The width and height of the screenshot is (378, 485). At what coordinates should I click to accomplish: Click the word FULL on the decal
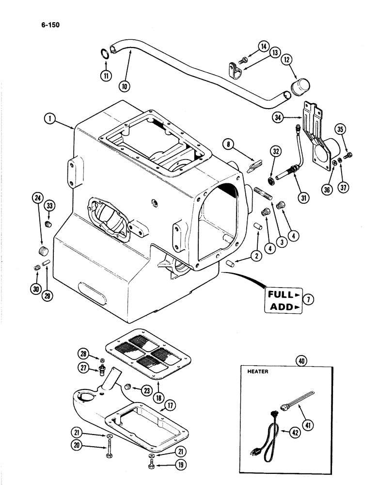pyautogui.click(x=281, y=294)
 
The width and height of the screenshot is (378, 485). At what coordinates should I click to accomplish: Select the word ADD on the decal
pyautogui.click(x=281, y=307)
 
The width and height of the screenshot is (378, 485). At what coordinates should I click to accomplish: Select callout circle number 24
pyautogui.click(x=36, y=198)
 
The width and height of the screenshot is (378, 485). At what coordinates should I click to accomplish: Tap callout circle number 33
pyautogui.click(x=49, y=207)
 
